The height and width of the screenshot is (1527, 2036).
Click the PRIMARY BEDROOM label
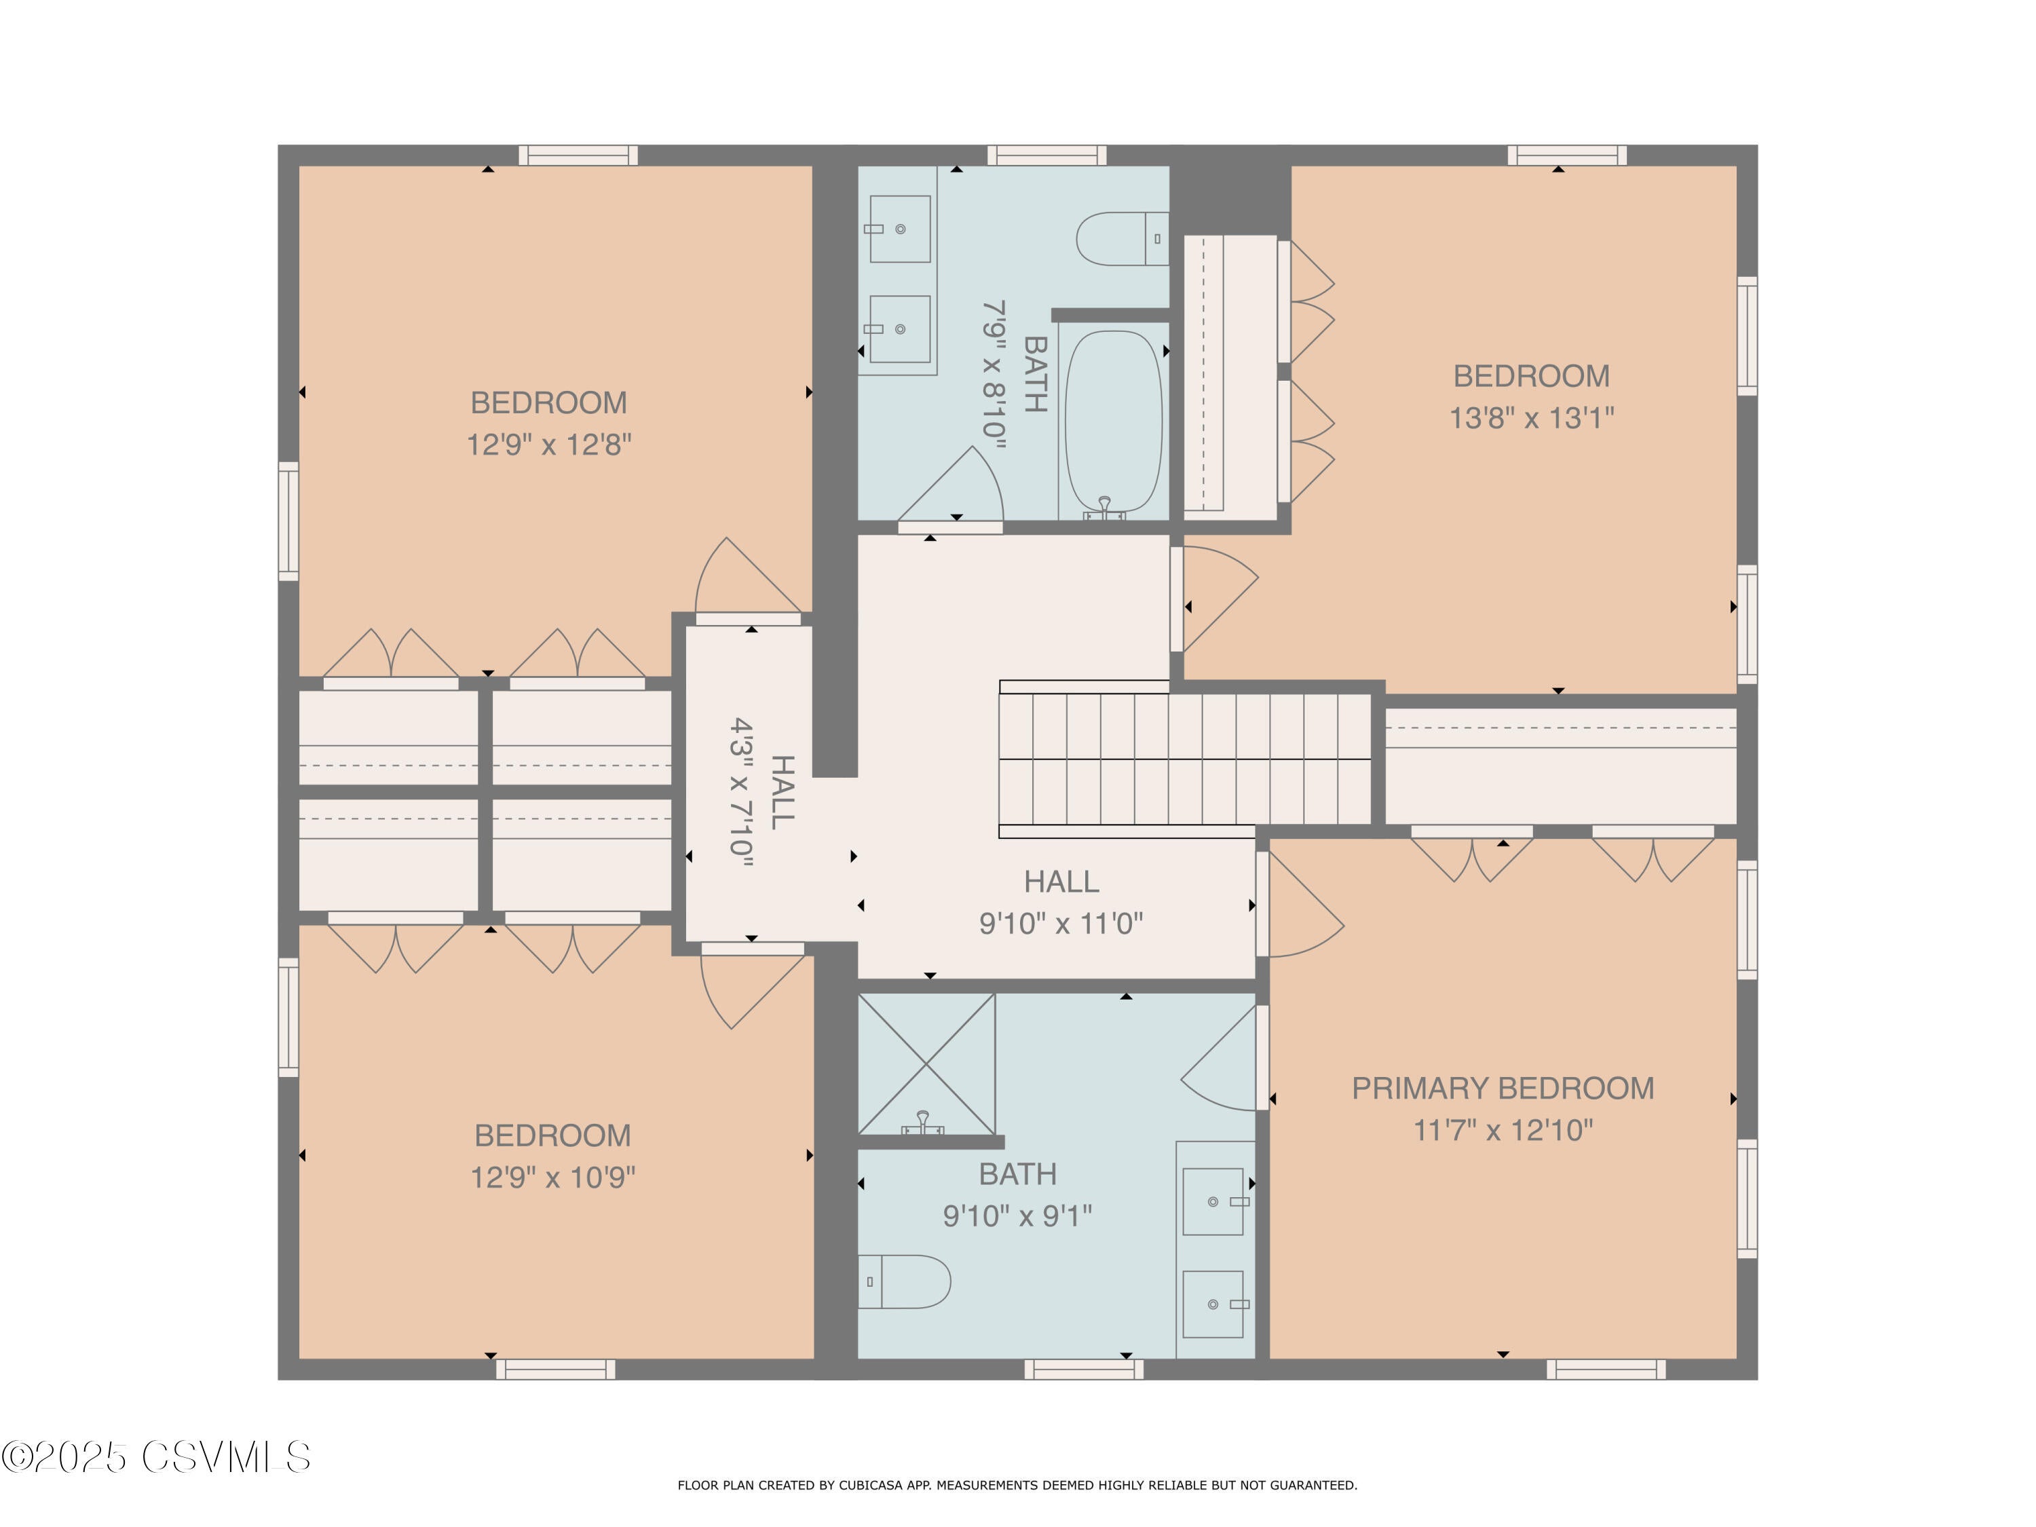tap(1502, 1088)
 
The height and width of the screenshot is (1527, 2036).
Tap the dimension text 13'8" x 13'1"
tap(1530, 419)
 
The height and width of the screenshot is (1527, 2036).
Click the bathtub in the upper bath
tap(1113, 421)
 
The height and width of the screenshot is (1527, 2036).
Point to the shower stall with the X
tap(926, 1064)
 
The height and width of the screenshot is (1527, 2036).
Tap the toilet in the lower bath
tap(904, 1281)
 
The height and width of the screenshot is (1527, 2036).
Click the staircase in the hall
tap(1184, 759)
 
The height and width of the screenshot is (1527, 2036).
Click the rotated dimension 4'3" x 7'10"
tap(742, 793)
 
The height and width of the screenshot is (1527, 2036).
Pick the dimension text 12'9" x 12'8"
tap(548, 445)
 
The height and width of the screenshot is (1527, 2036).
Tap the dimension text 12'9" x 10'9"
tap(552, 1177)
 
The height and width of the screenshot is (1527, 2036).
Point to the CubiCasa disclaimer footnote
tap(1017, 1485)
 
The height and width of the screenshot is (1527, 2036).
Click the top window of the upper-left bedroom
tap(578, 155)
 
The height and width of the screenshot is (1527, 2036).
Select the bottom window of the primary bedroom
tap(1605, 1369)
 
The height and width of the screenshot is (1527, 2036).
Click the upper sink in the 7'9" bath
tap(899, 228)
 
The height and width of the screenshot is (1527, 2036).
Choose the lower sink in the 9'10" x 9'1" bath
tap(1213, 1304)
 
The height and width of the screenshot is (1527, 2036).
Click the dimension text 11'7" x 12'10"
tap(1502, 1130)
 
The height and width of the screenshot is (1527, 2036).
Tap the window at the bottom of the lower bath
tap(1083, 1369)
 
